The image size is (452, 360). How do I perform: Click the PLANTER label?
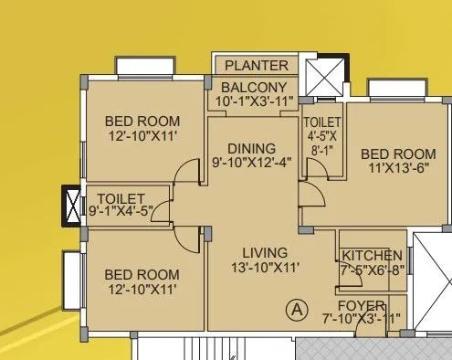click(257, 66)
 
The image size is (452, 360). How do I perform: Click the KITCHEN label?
click(371, 255)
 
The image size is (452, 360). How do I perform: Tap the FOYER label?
click(360, 305)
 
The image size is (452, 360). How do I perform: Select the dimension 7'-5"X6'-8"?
click(371, 270)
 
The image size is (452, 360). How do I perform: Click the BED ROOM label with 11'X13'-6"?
click(398, 154)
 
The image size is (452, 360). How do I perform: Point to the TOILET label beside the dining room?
click(322, 122)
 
